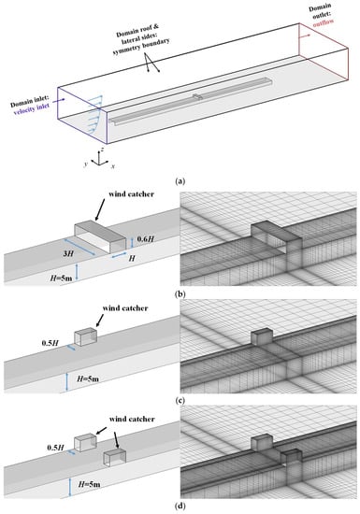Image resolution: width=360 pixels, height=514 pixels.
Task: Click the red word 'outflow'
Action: pyautogui.click(x=323, y=22)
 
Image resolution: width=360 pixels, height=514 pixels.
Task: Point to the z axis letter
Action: pyautogui.click(x=103, y=149)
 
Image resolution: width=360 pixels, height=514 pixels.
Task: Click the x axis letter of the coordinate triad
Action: pyautogui.click(x=113, y=166)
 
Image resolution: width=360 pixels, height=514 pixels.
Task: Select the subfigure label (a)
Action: pyautogui.click(x=180, y=180)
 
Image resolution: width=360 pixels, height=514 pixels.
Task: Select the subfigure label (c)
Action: pyautogui.click(x=180, y=401)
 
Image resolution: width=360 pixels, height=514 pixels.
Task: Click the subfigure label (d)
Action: pyautogui.click(x=180, y=507)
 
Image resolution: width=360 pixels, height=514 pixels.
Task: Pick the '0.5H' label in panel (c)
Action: pyautogui.click(x=50, y=343)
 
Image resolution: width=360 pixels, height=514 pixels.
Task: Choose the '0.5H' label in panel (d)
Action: pyautogui.click(x=55, y=448)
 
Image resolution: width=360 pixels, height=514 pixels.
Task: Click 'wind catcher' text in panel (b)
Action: pyautogui.click(x=131, y=193)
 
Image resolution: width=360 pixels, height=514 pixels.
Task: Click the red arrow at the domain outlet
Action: pyautogui.click(x=304, y=36)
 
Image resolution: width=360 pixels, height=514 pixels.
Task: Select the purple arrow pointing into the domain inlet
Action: pyautogui.click(x=59, y=100)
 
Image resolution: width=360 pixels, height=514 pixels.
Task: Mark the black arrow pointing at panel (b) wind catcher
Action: pyautogui.click(x=99, y=209)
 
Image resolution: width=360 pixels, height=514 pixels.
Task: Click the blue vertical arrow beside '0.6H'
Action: pyautogui.click(x=132, y=243)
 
